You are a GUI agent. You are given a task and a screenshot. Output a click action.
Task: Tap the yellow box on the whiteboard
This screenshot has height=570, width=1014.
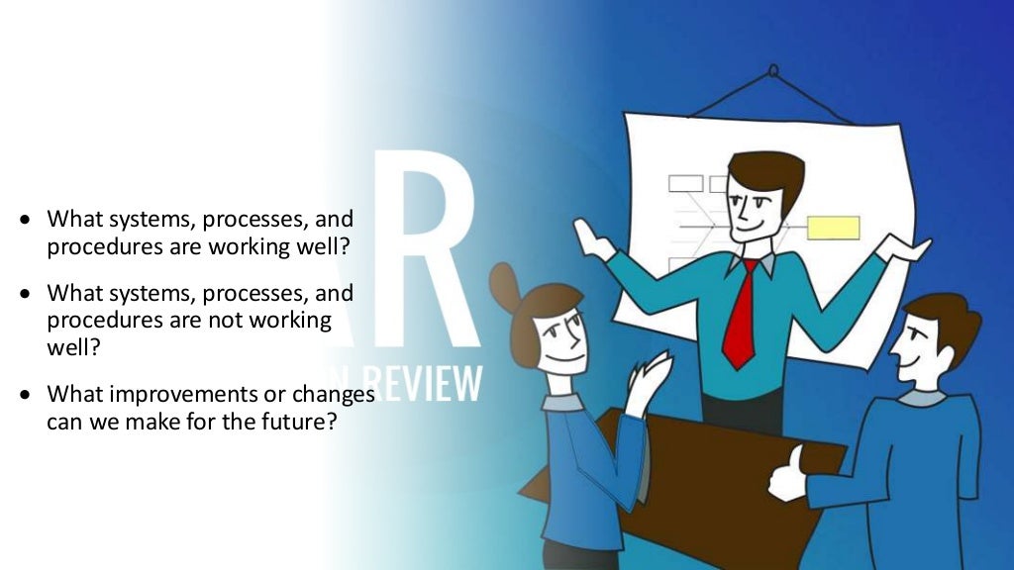[833, 228]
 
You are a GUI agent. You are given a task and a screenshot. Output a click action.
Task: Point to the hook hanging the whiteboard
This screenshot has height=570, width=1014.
[773, 70]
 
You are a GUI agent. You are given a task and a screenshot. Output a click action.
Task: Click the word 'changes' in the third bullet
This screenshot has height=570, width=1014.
[336, 394]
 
